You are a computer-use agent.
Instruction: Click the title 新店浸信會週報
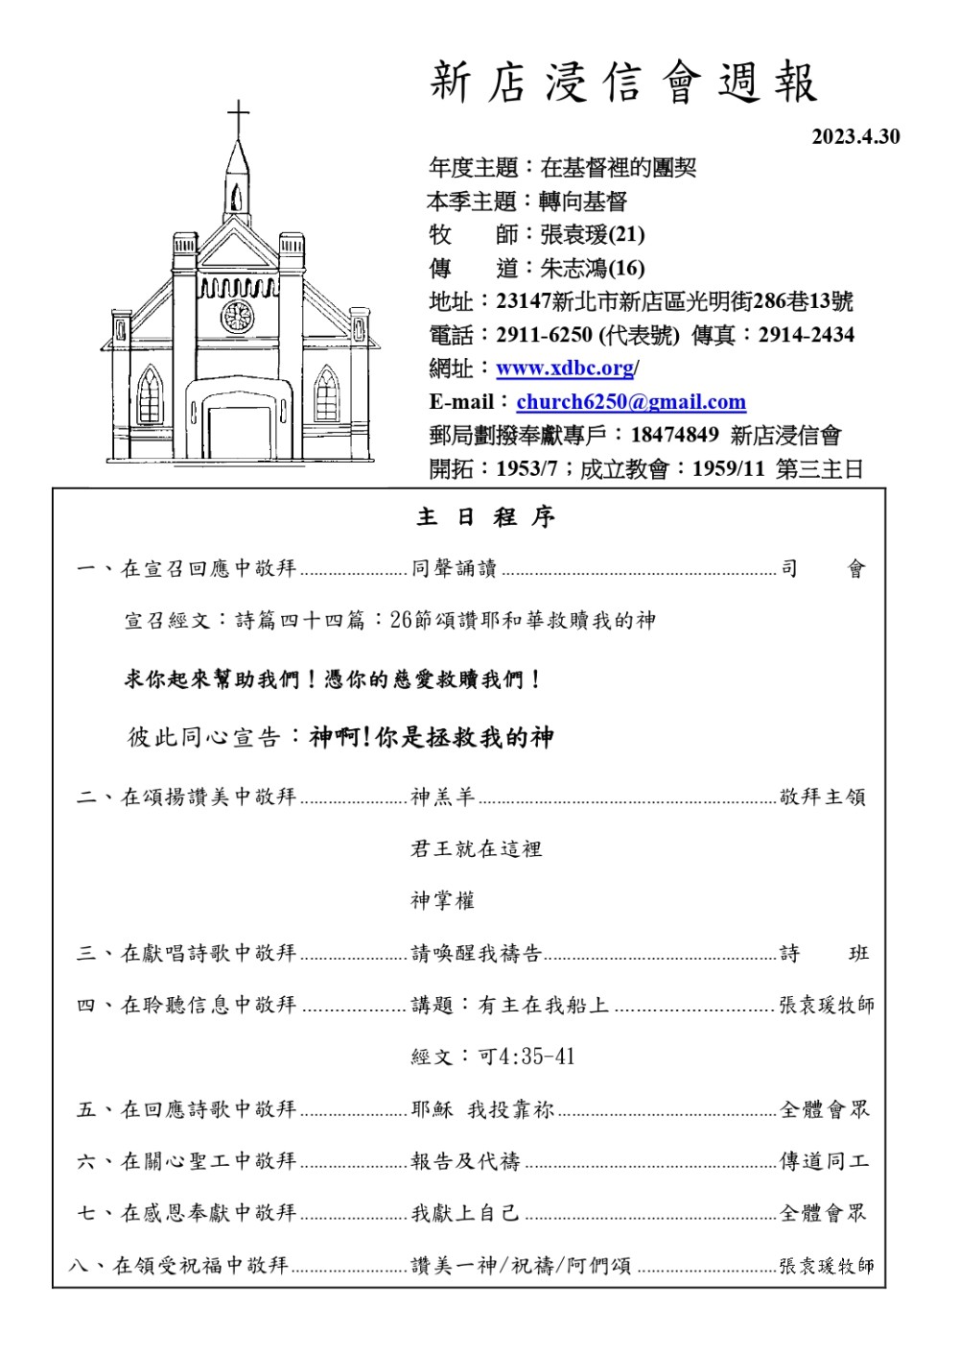click(623, 83)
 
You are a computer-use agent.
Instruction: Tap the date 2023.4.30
click(855, 136)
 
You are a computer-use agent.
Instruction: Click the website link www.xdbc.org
click(565, 368)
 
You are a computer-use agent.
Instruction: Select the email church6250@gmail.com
click(630, 402)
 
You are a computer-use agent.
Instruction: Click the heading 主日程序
click(485, 518)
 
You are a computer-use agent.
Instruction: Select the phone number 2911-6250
click(544, 336)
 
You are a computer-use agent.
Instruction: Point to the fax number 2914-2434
click(806, 336)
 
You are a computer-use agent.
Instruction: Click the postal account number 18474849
click(674, 436)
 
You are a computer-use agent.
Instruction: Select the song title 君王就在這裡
click(477, 849)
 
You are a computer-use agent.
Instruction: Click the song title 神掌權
click(443, 901)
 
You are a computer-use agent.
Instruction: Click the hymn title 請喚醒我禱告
click(477, 954)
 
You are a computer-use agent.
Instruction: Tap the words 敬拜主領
click(823, 797)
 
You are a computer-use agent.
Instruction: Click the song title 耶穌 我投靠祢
click(482, 1110)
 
